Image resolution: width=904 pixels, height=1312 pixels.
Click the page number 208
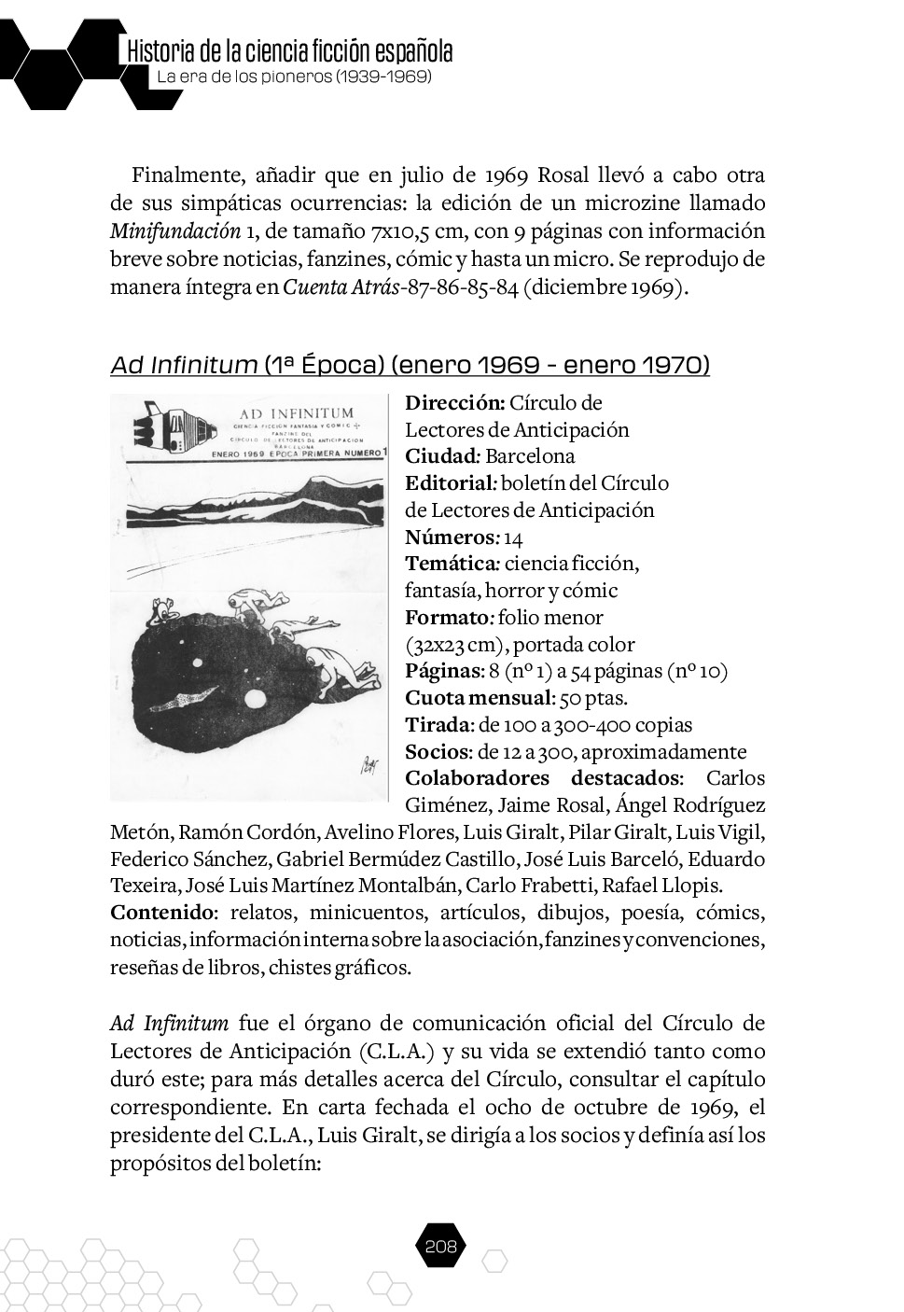(x=438, y=1246)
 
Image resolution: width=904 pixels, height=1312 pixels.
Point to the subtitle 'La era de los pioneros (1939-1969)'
(x=294, y=77)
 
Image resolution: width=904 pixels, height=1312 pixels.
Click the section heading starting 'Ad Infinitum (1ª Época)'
(x=410, y=365)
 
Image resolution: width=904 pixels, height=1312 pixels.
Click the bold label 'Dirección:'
(x=455, y=403)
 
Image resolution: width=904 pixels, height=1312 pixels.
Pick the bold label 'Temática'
(x=452, y=564)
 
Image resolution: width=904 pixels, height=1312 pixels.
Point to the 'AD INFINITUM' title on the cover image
(x=296, y=412)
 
